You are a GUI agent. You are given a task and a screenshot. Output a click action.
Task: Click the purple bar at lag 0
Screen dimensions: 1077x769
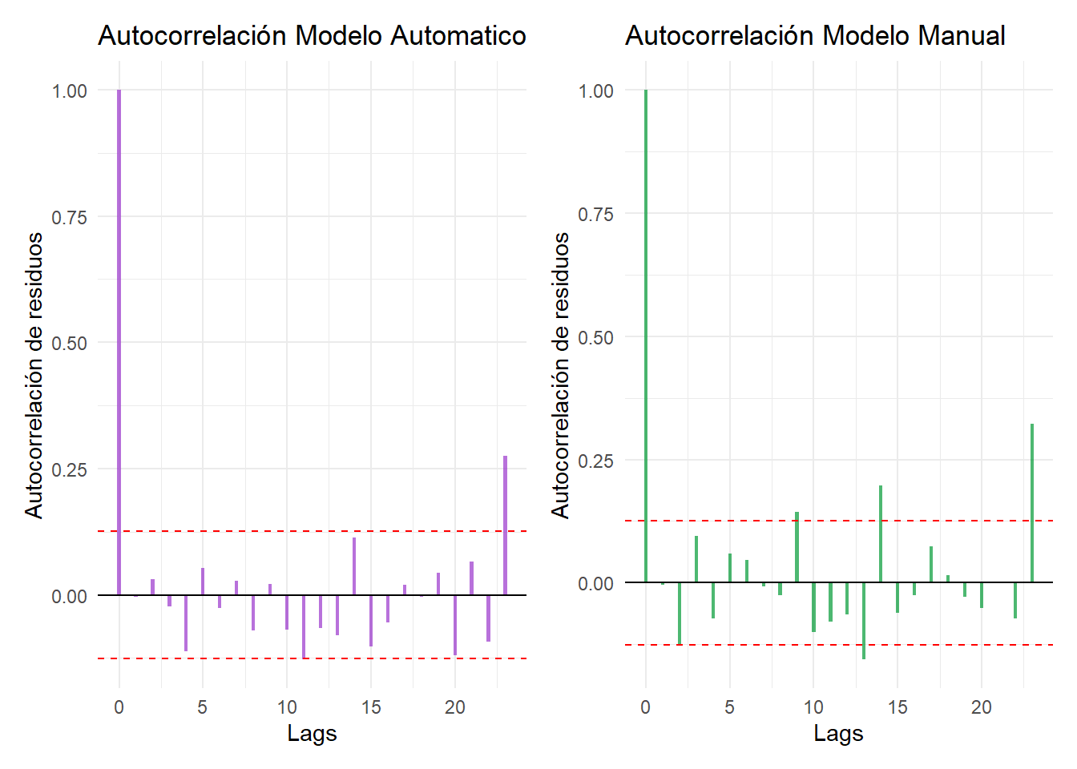[119, 342]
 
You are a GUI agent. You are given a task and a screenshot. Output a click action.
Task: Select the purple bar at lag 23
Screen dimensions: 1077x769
[506, 525]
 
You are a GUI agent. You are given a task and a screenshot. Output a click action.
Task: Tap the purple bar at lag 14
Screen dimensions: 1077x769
[354, 566]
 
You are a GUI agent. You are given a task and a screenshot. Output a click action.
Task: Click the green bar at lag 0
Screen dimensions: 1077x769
[646, 336]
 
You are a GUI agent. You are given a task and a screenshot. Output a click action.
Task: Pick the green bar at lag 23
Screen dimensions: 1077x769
[1032, 503]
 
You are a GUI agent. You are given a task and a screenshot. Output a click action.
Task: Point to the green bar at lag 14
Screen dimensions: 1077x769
[881, 534]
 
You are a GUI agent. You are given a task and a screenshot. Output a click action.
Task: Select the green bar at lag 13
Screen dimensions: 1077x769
[864, 621]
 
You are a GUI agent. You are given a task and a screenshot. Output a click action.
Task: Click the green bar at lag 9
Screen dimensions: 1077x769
[797, 547]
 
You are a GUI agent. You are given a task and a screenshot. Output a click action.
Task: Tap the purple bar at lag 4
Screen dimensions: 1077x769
[186, 623]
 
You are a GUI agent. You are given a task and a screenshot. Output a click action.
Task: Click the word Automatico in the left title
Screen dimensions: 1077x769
[458, 35]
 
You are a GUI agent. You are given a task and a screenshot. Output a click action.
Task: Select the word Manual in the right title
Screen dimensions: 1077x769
[962, 35]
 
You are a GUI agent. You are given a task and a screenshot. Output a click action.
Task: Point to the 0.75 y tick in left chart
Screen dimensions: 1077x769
[69, 217]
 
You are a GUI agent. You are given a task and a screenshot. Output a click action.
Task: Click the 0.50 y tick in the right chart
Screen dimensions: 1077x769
[595, 337]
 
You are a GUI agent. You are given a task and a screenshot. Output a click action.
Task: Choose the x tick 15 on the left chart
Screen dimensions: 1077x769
[371, 707]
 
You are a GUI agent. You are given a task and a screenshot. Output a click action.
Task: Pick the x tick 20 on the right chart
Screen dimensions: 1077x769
[982, 707]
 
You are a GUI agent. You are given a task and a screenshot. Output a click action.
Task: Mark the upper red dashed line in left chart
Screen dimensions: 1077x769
[312, 531]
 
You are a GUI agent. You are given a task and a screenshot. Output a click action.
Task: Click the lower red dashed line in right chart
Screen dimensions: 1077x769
[839, 645]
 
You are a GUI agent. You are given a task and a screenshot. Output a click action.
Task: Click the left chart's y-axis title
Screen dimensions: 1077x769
[34, 376]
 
